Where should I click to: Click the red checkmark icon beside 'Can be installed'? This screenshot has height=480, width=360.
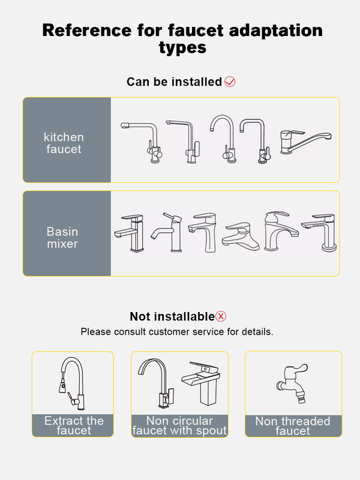point(230,82)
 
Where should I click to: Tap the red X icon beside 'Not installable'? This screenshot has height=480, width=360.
point(221,316)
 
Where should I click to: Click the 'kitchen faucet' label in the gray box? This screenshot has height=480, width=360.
point(64,143)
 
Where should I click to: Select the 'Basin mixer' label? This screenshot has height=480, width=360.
point(62,238)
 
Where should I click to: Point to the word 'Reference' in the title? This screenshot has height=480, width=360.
point(87,31)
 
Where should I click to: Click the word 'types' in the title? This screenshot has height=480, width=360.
point(182,48)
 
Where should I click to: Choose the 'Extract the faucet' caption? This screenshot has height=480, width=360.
point(74,425)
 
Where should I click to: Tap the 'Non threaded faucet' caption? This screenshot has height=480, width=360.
point(293,426)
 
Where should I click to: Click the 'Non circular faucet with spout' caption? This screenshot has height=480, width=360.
point(179,425)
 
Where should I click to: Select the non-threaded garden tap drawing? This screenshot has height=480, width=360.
point(292,383)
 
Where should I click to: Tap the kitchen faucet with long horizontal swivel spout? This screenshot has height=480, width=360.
point(305,142)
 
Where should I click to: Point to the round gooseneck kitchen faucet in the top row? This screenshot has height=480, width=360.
point(223,139)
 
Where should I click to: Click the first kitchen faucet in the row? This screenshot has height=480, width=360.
point(142,142)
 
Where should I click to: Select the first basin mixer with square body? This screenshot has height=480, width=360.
point(130,233)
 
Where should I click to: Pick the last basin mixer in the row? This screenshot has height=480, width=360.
point(320,233)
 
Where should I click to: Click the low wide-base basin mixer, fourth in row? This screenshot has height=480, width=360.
point(241,236)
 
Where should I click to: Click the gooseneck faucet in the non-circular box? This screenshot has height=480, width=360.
point(157,383)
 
